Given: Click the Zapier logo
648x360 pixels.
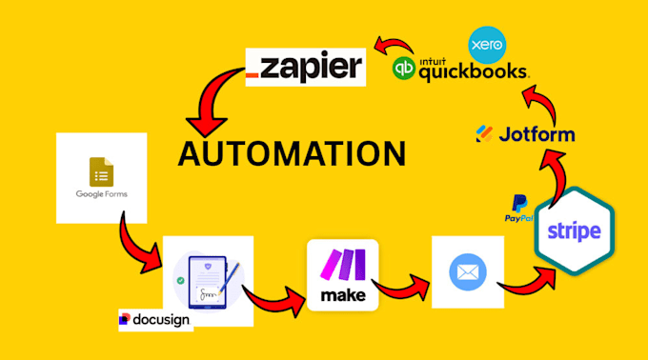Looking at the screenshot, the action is (305, 68).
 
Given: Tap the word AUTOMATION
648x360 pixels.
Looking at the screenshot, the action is (292, 154).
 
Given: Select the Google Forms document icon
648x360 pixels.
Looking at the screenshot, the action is (101, 171).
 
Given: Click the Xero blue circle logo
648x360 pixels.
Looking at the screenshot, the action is (487, 45).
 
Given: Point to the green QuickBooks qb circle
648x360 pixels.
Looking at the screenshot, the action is (403, 69).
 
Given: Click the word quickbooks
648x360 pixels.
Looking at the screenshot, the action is (474, 72).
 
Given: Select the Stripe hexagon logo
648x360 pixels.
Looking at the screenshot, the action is (575, 230).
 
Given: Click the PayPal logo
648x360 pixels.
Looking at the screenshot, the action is (519, 209).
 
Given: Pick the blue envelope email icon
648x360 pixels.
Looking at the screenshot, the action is (468, 272).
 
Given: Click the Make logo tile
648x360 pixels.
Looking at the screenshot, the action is (343, 275).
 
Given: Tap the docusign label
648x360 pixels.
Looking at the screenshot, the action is (155, 320).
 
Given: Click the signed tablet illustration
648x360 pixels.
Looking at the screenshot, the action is (208, 281).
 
